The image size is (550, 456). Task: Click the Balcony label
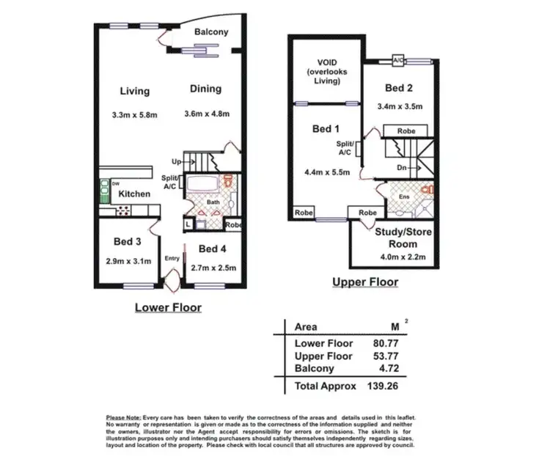(x=211, y=32)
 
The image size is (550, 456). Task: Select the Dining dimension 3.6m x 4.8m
(x=206, y=114)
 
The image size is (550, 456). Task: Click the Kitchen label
(x=135, y=194)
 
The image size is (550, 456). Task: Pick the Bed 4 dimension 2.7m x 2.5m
(x=212, y=268)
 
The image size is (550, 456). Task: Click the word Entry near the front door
(x=172, y=258)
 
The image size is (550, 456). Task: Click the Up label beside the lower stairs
(x=176, y=161)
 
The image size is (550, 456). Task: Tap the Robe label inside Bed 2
(x=407, y=130)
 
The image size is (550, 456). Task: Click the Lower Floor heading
(x=168, y=307)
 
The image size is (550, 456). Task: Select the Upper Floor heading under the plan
(x=365, y=282)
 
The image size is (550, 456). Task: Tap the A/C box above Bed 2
(x=399, y=60)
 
